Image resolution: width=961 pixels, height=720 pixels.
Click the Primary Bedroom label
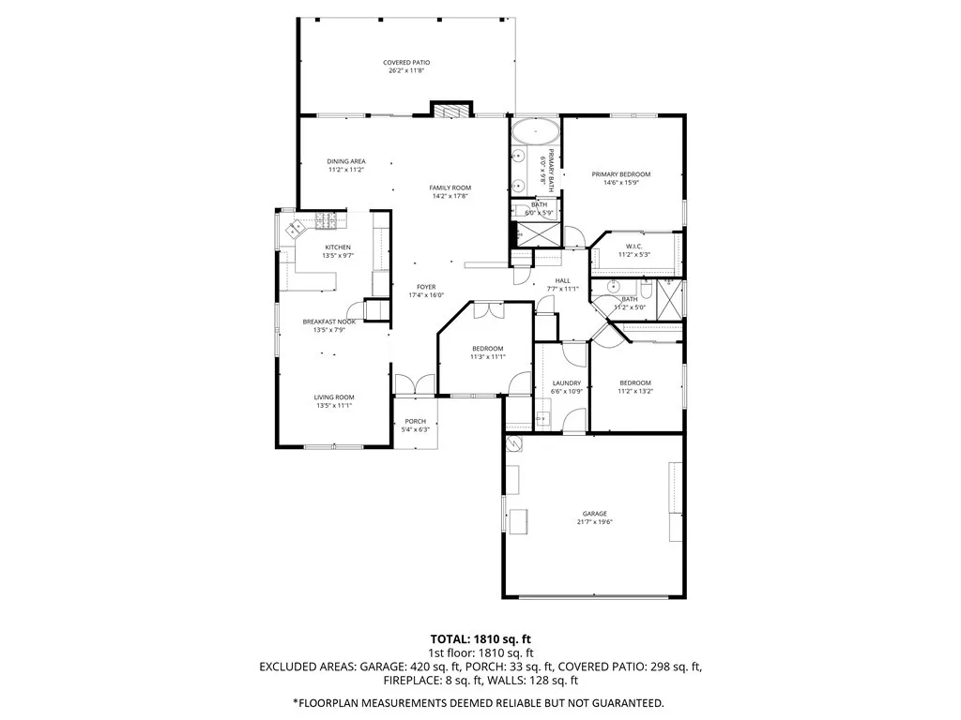tap(620, 174)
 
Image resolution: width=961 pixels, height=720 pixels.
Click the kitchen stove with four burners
tap(328, 221)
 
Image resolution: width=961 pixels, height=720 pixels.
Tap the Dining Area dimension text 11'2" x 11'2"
tap(345, 170)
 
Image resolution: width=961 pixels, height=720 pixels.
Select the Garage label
tap(594, 514)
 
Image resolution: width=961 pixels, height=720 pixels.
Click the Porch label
tap(415, 421)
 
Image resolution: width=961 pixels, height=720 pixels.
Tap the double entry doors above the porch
tap(415, 383)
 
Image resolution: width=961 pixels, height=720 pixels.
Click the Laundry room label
tap(567, 382)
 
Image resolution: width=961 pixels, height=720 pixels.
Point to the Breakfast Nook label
tap(328, 322)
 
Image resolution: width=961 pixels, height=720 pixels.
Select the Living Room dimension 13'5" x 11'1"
tap(333, 405)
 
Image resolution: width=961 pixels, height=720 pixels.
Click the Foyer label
tap(427, 287)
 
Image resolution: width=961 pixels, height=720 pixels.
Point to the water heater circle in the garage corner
tap(513, 442)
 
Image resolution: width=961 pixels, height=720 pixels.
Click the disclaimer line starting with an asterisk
tap(480, 702)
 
